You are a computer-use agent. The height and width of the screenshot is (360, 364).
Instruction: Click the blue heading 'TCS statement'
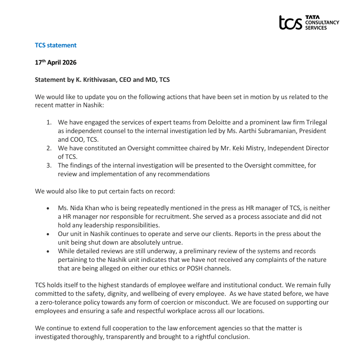55,45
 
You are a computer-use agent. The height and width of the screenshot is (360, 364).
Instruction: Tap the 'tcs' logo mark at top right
290,22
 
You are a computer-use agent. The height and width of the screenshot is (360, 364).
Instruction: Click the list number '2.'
49,148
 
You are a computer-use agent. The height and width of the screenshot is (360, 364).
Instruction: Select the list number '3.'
49,165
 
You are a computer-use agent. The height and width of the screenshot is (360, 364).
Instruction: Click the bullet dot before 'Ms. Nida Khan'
48,209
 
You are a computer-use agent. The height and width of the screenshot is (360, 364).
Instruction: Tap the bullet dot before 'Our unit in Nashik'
48,234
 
